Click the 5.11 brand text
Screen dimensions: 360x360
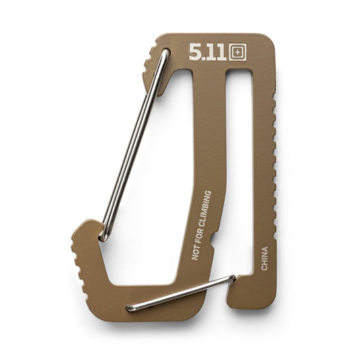[x=208, y=53]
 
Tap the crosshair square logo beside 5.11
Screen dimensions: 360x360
[x=237, y=53]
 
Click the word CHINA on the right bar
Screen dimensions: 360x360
[x=264, y=258]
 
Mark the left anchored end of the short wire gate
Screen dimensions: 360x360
[x=130, y=308]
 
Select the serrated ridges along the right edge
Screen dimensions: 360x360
[x=274, y=155]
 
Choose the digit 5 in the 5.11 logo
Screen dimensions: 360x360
[x=195, y=53]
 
